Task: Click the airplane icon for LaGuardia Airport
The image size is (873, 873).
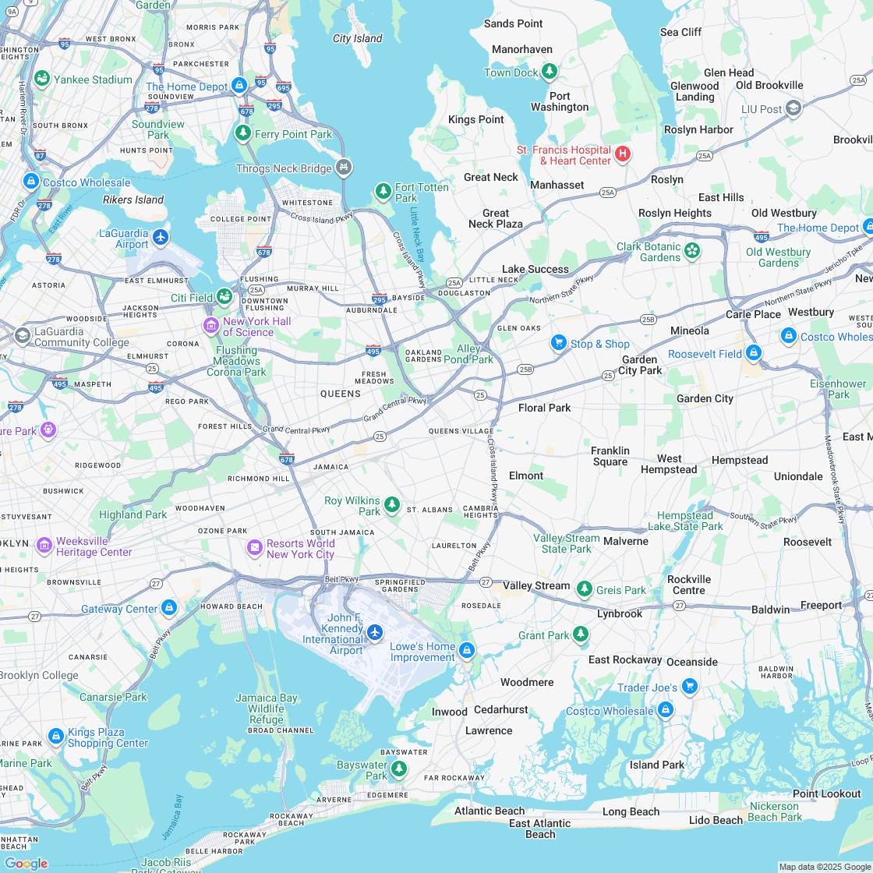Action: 161,236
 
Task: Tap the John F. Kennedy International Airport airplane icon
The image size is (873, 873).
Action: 375,631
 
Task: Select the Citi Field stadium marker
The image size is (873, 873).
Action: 224,295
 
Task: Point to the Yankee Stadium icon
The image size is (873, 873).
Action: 42,79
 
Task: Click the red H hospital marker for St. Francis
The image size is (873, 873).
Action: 622,154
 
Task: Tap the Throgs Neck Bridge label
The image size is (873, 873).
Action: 285,168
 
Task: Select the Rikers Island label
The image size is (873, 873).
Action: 133,200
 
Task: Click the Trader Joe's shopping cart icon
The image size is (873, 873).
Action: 689,686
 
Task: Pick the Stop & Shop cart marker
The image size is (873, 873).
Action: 558,342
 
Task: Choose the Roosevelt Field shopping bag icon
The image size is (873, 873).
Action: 753,352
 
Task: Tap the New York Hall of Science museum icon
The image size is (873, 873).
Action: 210,325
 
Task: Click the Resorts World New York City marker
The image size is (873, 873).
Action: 254,548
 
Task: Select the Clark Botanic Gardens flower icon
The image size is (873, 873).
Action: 692,251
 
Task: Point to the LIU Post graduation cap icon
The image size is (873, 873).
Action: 793,108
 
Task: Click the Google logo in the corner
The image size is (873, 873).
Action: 26,863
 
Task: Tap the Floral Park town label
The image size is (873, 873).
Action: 545,408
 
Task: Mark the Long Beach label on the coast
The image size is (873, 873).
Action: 631,811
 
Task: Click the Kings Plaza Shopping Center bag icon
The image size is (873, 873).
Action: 55,736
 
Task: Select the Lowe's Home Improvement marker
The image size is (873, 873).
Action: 466,650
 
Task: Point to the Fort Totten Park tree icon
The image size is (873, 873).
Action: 383,190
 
